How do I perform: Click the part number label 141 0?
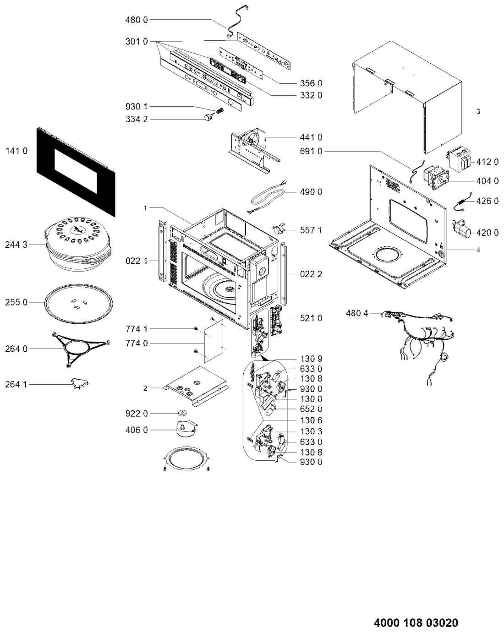pos(16,151)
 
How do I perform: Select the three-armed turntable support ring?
pos(80,349)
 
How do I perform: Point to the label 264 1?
pos(16,384)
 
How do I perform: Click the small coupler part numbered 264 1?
pos(80,383)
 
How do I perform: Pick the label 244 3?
pos(16,245)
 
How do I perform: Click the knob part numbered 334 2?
pos(208,117)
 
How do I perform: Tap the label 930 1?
pos(137,106)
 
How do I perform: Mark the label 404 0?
pos(487,181)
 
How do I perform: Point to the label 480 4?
pos(357,313)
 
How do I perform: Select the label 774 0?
pos(137,343)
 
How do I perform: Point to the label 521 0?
pos(311,318)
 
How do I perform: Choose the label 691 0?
pos(311,151)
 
